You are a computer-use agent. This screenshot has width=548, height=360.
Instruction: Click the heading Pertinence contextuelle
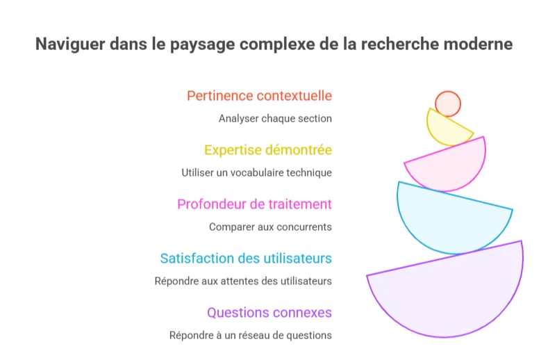(259, 96)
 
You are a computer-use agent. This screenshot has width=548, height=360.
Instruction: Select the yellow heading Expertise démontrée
(267, 150)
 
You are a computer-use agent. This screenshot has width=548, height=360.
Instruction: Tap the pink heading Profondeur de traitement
(254, 204)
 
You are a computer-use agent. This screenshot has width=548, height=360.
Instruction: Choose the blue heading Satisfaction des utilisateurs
(245, 259)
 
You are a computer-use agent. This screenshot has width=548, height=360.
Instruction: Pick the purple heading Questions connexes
(269, 313)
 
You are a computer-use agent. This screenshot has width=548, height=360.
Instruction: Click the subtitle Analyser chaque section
(275, 118)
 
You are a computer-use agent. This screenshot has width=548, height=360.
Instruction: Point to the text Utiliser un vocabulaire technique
(256, 172)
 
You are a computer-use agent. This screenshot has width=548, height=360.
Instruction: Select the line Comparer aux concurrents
(270, 227)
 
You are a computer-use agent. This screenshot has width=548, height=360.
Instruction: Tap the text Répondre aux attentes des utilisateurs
(243, 281)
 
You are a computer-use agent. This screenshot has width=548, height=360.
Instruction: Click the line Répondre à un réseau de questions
(250, 335)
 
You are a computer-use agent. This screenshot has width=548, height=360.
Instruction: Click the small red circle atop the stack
(448, 104)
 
